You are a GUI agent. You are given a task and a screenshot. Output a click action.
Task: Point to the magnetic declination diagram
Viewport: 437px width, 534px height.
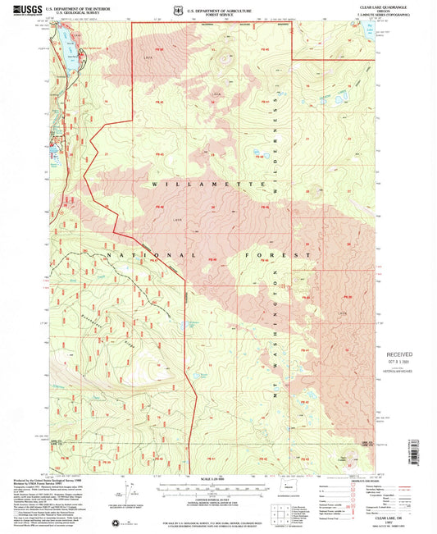(x=130, y=492)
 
